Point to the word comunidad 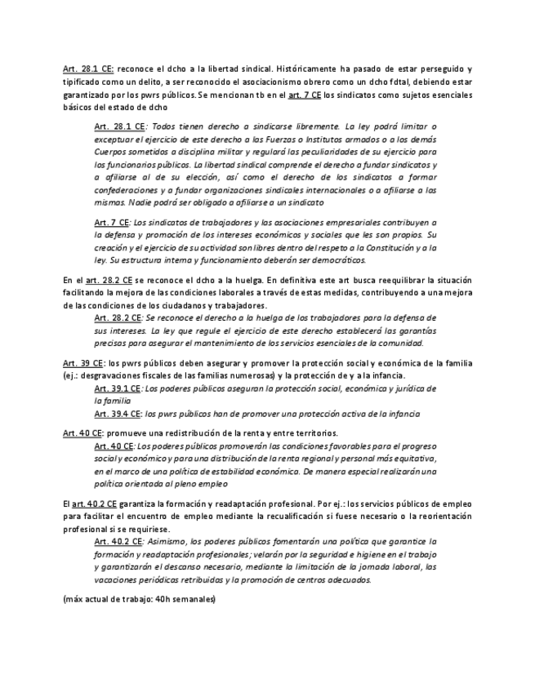click(x=405, y=344)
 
